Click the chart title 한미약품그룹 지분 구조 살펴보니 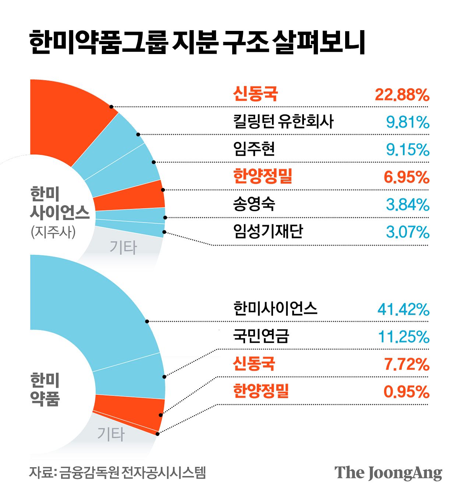tap(197, 42)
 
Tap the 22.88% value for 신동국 tap(402, 95)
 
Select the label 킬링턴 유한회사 tap(283, 122)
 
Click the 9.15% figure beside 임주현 tap(408, 150)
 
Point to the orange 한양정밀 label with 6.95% tap(263, 177)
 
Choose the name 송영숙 tap(254, 204)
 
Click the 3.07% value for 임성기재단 tap(408, 232)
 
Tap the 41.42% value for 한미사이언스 tap(403, 310)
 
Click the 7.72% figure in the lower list tap(407, 364)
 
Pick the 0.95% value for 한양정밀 tap(407, 392)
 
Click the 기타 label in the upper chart tap(123, 247)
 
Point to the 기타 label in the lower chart tap(111, 434)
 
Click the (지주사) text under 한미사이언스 tap(53, 232)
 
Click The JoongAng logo tap(388, 473)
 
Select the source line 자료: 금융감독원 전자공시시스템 tap(117, 472)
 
